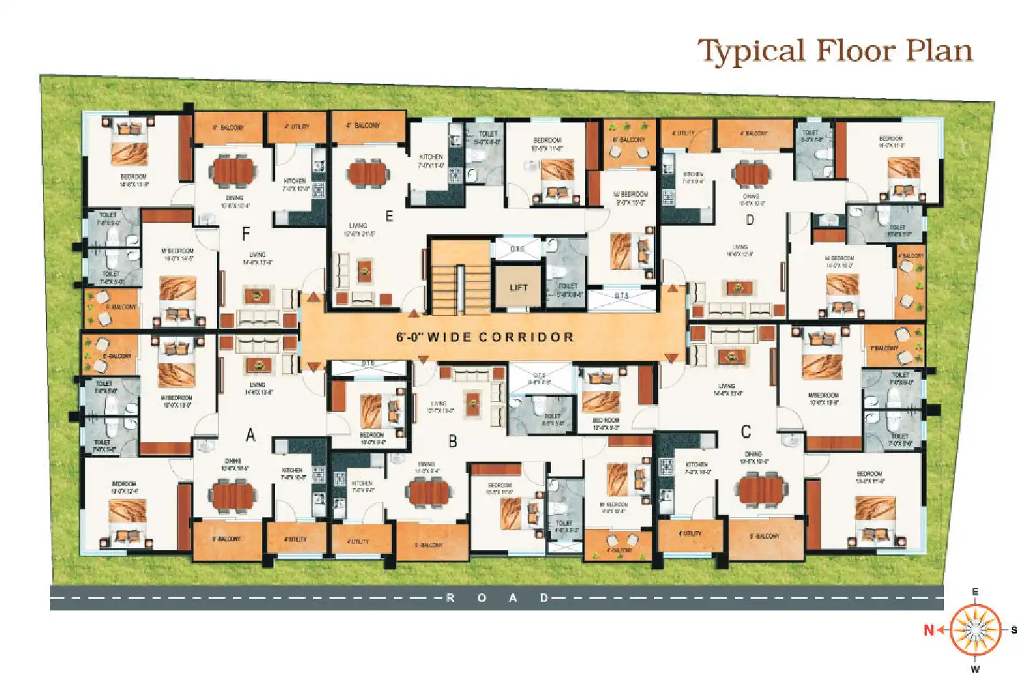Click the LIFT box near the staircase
click(519, 287)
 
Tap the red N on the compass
click(929, 631)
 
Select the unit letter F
click(246, 233)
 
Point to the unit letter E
click(389, 216)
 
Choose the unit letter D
click(750, 219)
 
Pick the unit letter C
click(746, 432)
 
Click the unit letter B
click(453, 441)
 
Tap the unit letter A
click(251, 434)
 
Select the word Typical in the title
click(752, 52)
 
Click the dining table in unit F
click(234, 172)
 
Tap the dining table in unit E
click(367, 174)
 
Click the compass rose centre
click(975, 630)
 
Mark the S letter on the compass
click(1014, 630)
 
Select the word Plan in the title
click(939, 52)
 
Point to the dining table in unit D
click(752, 174)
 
